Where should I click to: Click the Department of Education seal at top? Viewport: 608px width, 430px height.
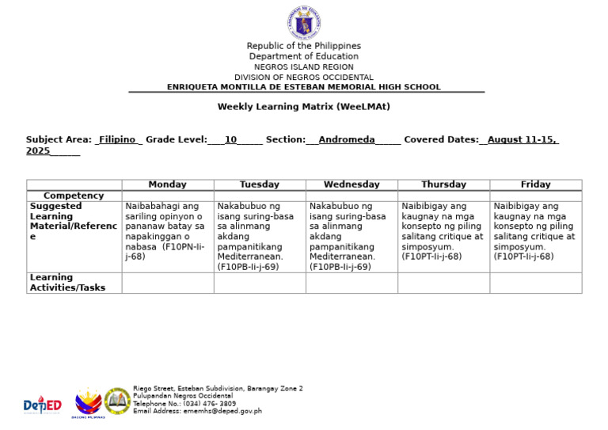pos(303,23)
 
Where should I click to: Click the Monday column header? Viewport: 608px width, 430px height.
pos(167,185)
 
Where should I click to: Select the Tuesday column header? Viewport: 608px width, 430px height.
pos(260,185)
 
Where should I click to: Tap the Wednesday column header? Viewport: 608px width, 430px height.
pos(351,185)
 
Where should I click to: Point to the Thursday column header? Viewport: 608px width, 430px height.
pos(443,185)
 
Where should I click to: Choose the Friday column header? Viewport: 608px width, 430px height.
pos(535,185)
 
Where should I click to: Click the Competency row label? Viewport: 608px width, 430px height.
pos(74,196)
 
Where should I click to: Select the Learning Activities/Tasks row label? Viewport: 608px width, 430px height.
pos(67,283)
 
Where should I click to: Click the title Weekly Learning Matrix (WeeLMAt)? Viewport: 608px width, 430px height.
pos(303,107)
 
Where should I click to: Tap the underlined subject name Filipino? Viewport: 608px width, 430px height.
pos(117,139)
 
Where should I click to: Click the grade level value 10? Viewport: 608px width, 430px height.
pos(230,139)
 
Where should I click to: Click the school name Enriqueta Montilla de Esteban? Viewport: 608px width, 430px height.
pos(303,87)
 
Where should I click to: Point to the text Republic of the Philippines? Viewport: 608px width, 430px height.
pos(303,46)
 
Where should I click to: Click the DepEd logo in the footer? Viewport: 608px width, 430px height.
pos(42,405)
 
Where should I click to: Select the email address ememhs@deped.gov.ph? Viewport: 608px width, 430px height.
pos(197,411)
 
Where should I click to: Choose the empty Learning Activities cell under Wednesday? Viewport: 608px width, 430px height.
pos(351,283)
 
